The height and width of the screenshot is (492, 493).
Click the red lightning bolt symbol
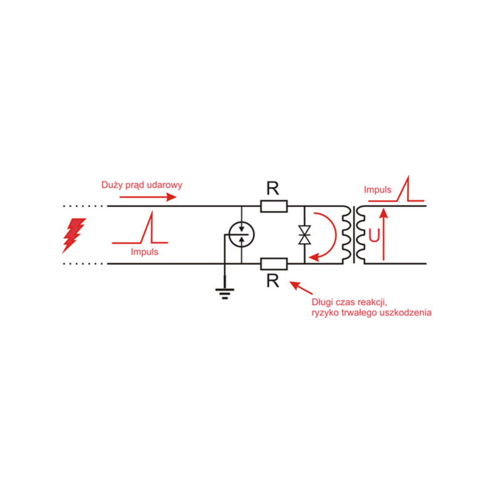(x=75, y=235)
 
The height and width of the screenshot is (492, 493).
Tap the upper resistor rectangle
(x=274, y=206)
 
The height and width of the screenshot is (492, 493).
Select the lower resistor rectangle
(x=274, y=264)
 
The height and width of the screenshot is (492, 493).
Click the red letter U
(x=373, y=236)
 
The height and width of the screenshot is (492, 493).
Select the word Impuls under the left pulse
(x=144, y=252)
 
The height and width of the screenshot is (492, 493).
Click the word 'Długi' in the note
(x=324, y=303)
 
